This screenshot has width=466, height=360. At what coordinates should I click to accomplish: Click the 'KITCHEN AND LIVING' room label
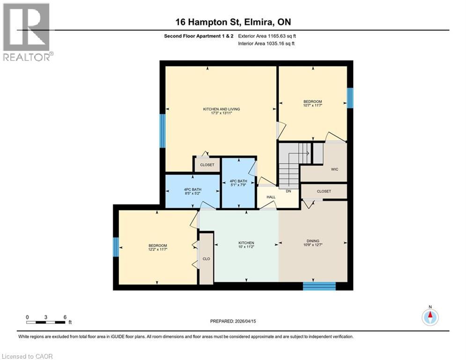[x=218, y=109]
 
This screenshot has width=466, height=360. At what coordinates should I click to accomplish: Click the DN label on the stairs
[x=289, y=191]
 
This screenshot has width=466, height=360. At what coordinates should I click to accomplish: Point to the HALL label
[x=271, y=197]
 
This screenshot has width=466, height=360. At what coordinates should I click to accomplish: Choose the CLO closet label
[x=207, y=258]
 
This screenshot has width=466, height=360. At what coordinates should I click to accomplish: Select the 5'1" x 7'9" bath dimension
[x=239, y=184]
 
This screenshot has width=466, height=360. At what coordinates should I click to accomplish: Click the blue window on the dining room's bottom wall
[x=319, y=286]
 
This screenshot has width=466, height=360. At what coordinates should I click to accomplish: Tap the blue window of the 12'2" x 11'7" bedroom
[x=116, y=247]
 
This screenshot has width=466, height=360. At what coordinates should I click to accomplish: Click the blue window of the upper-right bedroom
[x=349, y=97]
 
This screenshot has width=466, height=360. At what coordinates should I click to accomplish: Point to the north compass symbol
[x=429, y=316]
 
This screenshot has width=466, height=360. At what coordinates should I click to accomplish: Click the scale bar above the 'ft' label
[x=46, y=322]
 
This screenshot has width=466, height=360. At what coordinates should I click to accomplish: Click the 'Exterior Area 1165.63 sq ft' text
[x=266, y=36]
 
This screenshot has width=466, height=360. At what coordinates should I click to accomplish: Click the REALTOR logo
[x=26, y=31]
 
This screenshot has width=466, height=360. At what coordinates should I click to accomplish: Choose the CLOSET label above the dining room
[x=323, y=191]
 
